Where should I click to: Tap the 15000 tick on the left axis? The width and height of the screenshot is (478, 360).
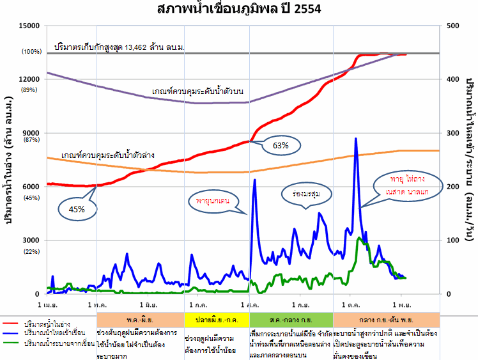coord(30,26)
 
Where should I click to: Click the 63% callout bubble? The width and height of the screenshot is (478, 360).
coord(280,145)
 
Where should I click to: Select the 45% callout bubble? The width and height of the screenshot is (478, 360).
coord(78,208)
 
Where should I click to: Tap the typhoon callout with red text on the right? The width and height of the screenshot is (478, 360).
coord(410,186)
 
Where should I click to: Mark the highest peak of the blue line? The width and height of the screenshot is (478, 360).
coord(355,138)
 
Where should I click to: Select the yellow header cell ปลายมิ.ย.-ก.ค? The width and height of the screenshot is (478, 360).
coord(215,318)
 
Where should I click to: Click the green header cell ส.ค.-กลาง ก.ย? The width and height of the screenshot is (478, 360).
coord(291,318)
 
